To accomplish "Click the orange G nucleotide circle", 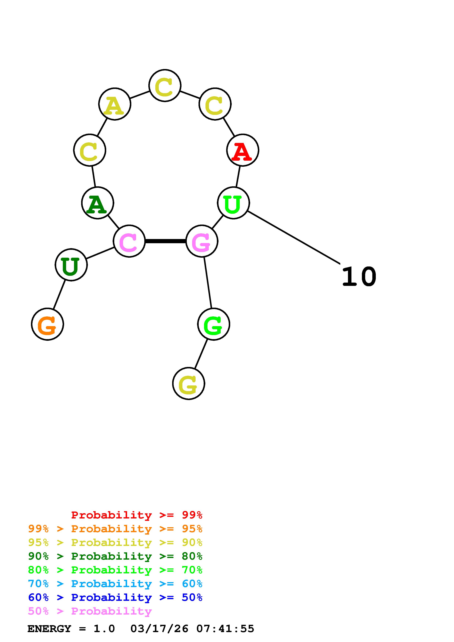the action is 48,324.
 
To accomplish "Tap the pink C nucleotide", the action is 129,241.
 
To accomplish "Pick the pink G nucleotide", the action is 202,241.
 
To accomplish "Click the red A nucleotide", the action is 242,150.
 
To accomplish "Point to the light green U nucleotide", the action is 233,203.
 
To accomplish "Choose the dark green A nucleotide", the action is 98,203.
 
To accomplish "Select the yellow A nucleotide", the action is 115,104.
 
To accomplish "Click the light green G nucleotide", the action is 214,324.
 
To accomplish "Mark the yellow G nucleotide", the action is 188,383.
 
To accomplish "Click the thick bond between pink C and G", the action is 165,241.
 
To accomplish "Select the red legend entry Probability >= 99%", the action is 137,515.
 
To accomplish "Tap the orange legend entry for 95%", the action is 115,529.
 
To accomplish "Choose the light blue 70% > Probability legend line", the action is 115,584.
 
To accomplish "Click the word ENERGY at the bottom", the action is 49,629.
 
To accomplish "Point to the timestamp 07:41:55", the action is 225,629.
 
